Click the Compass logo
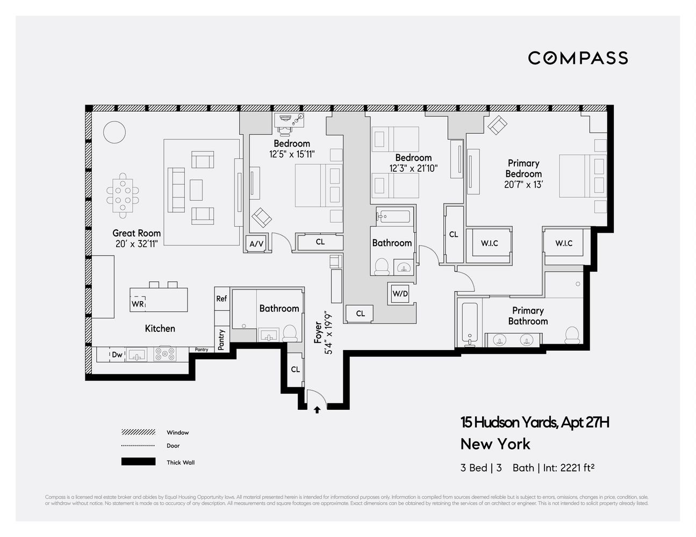coord(578,58)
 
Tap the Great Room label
coord(137,233)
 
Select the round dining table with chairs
coord(123,195)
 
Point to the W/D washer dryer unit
coord(400,294)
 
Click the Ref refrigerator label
coord(221,299)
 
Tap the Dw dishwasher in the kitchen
coord(117,354)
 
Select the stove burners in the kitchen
coord(165,354)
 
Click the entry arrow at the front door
coord(317,410)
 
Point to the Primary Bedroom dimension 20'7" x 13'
coord(523,185)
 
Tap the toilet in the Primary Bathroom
coord(572,335)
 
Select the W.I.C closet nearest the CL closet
coord(489,244)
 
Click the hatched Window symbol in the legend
coord(138,432)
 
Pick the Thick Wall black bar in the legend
coord(138,462)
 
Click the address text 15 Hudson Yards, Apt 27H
coord(535,423)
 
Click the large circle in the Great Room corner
coord(114,132)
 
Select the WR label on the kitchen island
coord(138,304)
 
